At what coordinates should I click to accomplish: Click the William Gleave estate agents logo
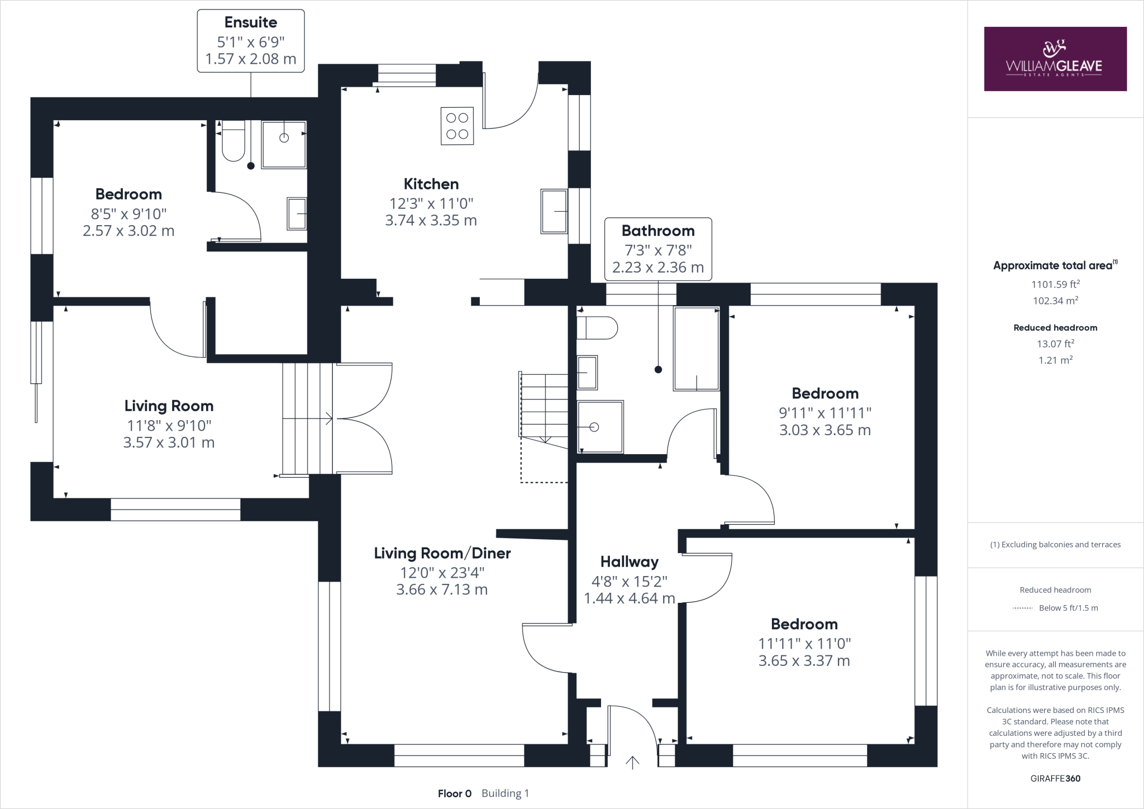pyautogui.click(x=1055, y=59)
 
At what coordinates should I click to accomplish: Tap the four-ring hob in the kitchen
pyautogui.click(x=457, y=126)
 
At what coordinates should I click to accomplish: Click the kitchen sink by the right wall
pyautogui.click(x=554, y=211)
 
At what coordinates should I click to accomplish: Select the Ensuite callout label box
pyautogui.click(x=250, y=41)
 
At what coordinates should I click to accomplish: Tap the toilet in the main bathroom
pyautogui.click(x=597, y=328)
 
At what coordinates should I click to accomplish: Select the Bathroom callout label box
pyautogui.click(x=658, y=249)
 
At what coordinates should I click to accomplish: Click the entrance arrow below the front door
pyautogui.click(x=632, y=763)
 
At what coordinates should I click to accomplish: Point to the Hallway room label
pyautogui.click(x=629, y=561)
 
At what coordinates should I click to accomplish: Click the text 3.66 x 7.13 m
pyautogui.click(x=442, y=590)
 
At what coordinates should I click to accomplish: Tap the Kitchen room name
pyautogui.click(x=431, y=184)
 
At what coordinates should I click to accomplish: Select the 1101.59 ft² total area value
pyautogui.click(x=1055, y=284)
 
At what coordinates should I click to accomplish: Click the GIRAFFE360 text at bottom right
pyautogui.click(x=1055, y=778)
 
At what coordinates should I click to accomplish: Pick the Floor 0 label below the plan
pyautogui.click(x=455, y=793)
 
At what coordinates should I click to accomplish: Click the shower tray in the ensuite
pyautogui.click(x=284, y=144)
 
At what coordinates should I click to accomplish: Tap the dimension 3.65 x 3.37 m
pyautogui.click(x=804, y=661)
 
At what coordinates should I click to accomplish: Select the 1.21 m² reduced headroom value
pyautogui.click(x=1055, y=360)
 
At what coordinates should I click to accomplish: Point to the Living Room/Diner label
pyautogui.click(x=442, y=553)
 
